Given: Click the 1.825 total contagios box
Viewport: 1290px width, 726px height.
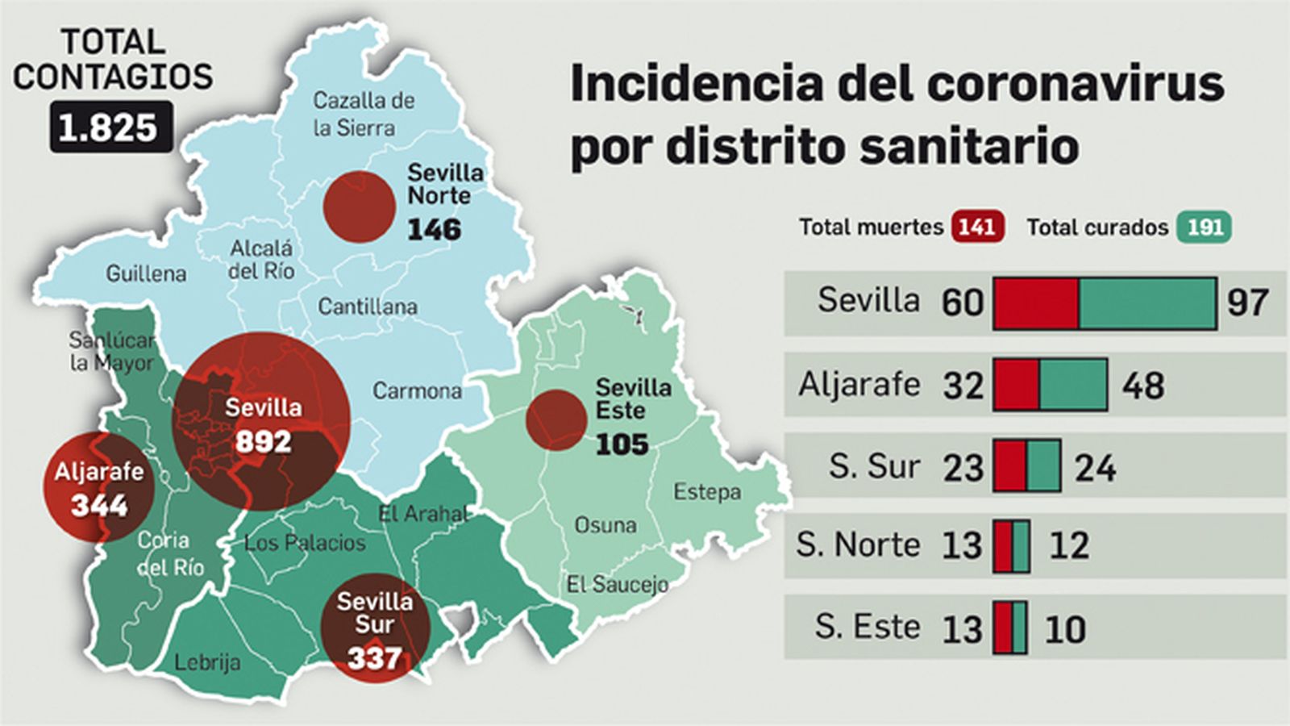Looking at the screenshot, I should (111, 127).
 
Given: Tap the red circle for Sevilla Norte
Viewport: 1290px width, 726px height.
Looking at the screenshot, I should (359, 207).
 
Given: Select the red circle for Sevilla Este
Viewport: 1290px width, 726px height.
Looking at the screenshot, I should (556, 419).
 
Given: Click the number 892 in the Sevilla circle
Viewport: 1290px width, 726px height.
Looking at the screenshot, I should (263, 442).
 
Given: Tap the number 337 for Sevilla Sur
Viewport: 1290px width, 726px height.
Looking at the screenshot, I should (374, 658).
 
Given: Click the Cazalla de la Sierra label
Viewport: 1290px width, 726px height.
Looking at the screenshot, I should (363, 114).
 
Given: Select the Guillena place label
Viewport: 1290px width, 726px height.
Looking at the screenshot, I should (146, 273).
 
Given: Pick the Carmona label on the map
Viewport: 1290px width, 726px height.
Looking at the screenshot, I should (417, 391).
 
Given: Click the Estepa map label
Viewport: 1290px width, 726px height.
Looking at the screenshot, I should (706, 491).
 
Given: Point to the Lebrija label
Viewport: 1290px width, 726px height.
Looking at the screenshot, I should (207, 662).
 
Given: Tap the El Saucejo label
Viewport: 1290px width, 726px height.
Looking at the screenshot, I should (617, 584).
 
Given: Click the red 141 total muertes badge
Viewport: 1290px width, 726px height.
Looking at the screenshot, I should (977, 227).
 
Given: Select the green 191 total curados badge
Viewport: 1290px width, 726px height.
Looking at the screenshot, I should (1204, 227).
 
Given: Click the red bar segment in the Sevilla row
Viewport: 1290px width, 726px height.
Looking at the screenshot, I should (1036, 303).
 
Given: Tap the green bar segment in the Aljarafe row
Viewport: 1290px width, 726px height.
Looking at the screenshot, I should (1073, 385).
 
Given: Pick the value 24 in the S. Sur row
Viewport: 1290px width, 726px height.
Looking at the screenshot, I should (1095, 468).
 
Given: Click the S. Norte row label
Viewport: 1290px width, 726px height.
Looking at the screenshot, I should (857, 545).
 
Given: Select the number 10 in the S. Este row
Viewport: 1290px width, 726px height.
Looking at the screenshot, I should (1064, 629).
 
